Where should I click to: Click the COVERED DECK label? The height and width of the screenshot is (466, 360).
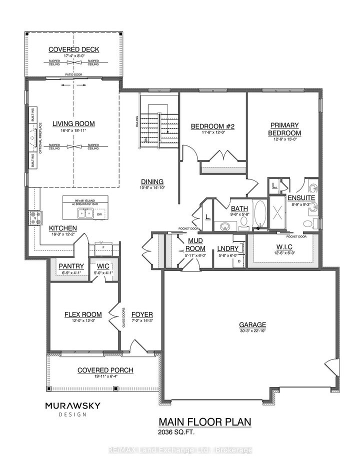coord(73,49)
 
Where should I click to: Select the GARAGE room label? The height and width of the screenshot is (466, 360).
coord(252,324)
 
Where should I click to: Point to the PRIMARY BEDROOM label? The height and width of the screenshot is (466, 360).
coord(284,129)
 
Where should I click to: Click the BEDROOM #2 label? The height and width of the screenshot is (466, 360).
coord(209,126)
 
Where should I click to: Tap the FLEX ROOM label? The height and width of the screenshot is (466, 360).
coord(82,314)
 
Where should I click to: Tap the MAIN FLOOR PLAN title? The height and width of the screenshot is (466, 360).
coord(205,422)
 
